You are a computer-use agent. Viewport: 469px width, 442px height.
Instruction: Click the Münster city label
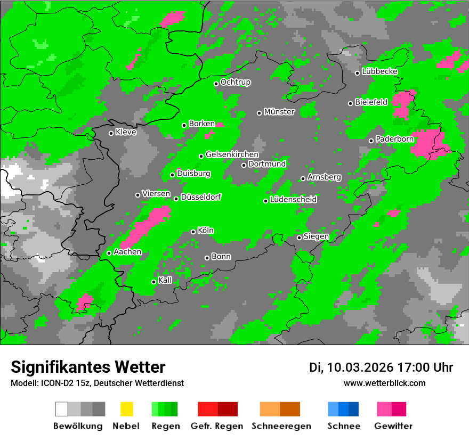(279, 112)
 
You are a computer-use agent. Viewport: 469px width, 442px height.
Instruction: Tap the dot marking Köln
(193, 232)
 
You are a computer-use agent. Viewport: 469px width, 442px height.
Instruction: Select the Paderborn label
(395, 139)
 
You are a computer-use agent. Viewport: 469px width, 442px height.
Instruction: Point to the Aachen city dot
(109, 253)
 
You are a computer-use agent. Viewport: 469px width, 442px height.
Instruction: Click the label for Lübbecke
(380, 71)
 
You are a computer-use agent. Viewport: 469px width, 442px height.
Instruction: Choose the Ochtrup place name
(236, 82)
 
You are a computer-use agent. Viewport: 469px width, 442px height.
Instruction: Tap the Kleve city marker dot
(111, 133)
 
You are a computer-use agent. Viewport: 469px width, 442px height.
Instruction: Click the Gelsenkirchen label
(232, 154)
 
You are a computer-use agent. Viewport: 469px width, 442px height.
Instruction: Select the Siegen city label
(316, 236)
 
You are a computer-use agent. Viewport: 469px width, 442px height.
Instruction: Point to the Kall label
(165, 280)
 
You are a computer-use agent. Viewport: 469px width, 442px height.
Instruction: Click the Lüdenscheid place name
(293, 199)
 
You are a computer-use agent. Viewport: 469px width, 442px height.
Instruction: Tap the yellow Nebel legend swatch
(126, 409)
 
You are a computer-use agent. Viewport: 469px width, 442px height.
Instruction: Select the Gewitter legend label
(393, 426)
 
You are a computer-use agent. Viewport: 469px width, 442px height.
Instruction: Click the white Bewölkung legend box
(61, 409)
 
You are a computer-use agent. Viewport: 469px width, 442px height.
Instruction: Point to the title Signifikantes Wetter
(88, 367)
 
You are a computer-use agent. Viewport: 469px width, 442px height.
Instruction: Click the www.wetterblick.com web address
(385, 383)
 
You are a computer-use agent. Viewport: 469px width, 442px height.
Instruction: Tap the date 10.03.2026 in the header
(360, 367)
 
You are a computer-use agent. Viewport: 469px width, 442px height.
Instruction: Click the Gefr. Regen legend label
(217, 426)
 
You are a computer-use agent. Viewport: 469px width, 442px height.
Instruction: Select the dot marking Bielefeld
(351, 103)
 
